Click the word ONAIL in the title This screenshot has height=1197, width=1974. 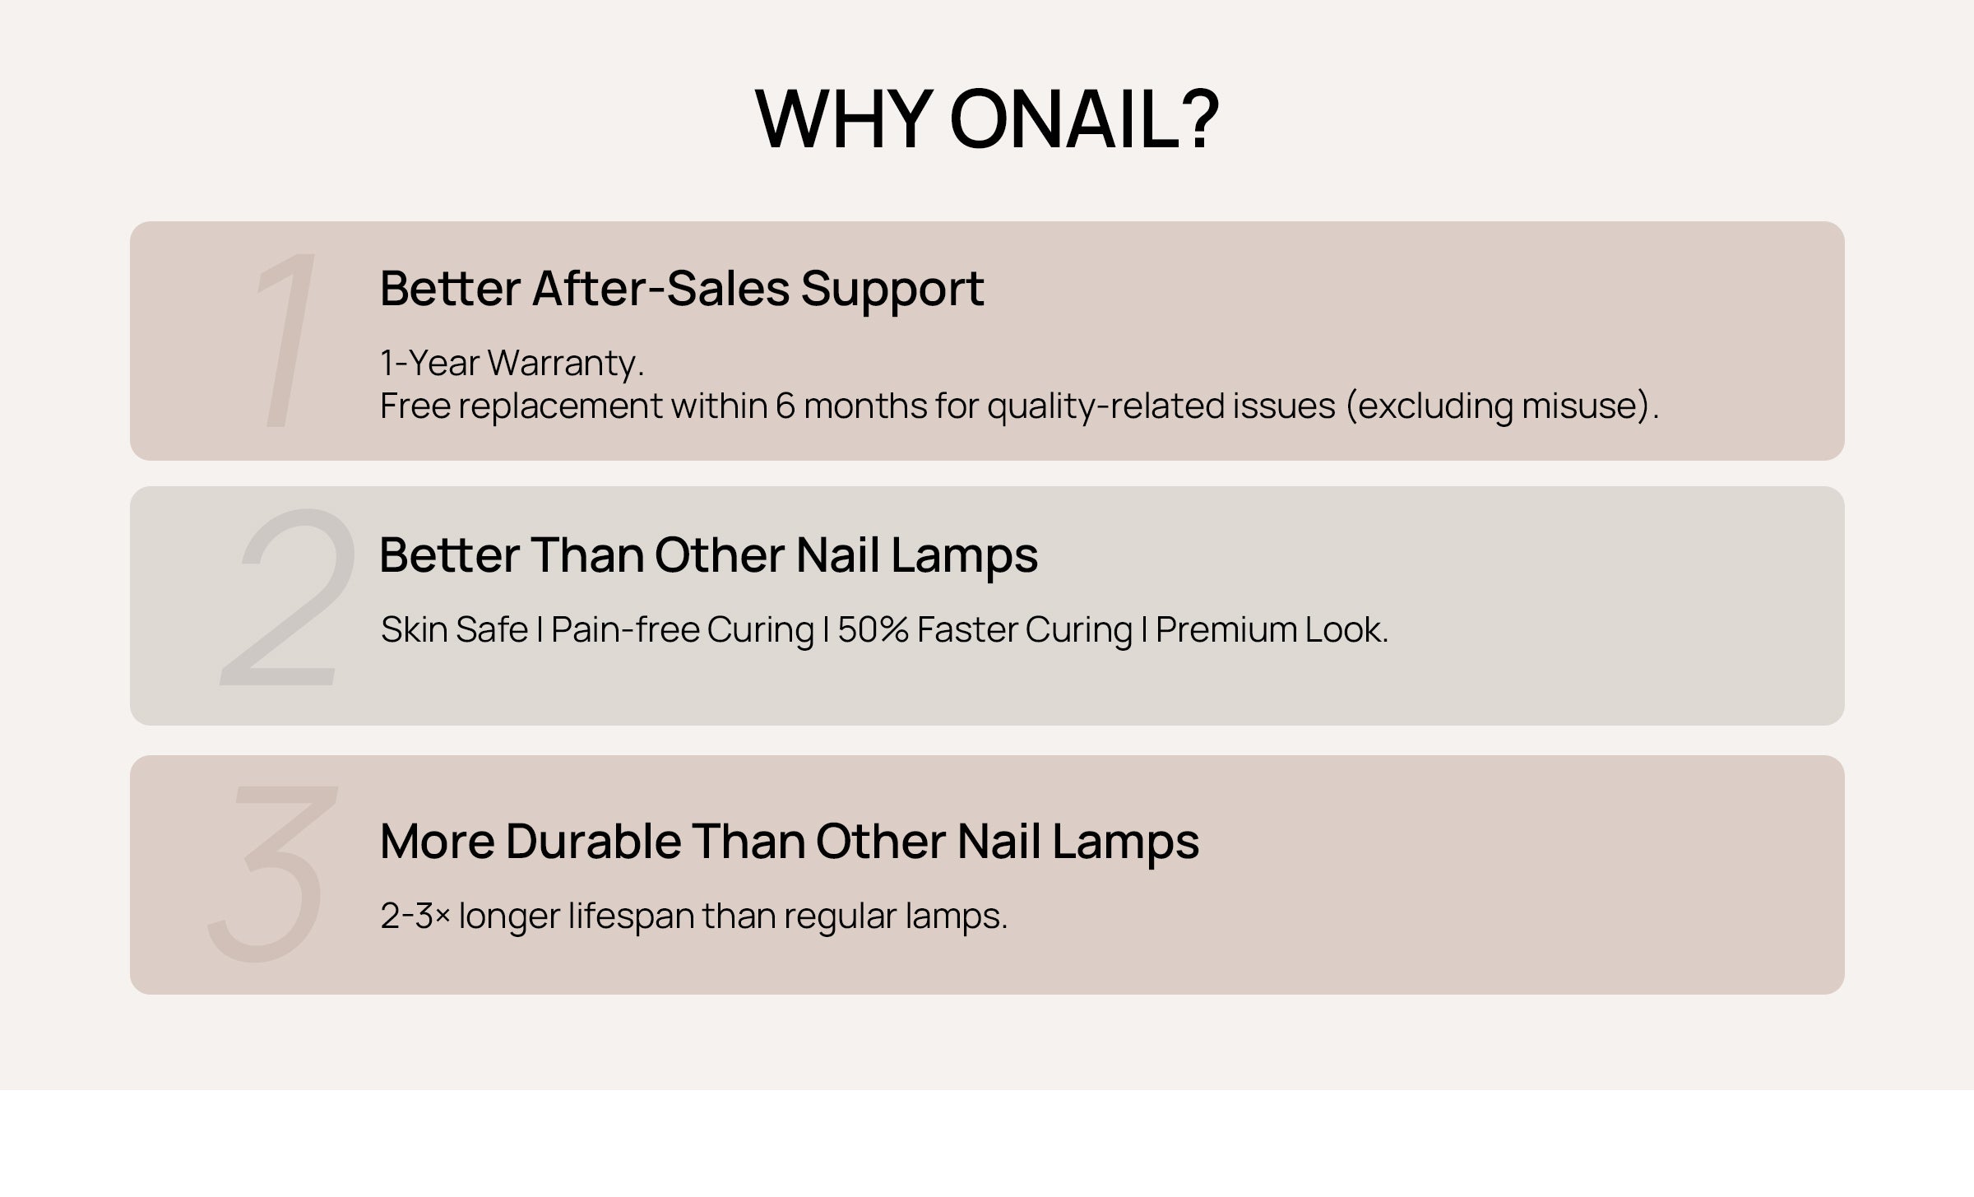(x=1084, y=119)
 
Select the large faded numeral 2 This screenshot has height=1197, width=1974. (x=287, y=596)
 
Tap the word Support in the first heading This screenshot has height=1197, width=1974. (x=892, y=290)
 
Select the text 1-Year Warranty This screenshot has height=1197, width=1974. (x=512, y=363)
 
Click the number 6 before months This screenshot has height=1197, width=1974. (x=785, y=406)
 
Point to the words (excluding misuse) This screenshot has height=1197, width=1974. (x=1502, y=406)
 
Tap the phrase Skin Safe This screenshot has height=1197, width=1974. (x=454, y=629)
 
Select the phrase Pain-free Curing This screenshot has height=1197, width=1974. (x=682, y=630)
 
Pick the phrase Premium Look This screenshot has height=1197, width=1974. (x=1272, y=629)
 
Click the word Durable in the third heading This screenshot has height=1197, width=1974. (x=593, y=841)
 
